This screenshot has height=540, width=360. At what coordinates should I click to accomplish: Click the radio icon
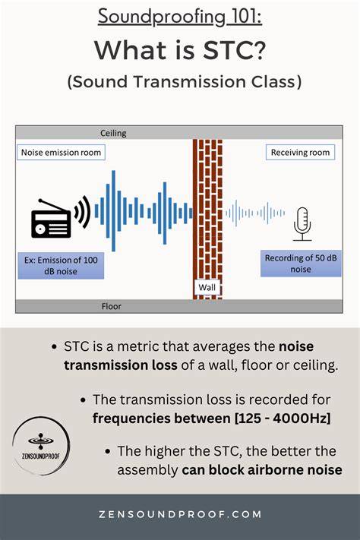(51, 219)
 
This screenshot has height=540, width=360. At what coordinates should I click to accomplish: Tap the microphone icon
(302, 224)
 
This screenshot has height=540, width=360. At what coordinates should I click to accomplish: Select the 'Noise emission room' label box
(61, 152)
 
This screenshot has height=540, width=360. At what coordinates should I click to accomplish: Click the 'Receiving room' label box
(300, 152)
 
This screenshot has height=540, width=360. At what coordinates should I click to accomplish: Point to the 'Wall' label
(207, 287)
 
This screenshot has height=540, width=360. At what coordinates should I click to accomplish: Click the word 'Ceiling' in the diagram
(113, 133)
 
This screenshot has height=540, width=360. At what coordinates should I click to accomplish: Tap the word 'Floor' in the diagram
(112, 306)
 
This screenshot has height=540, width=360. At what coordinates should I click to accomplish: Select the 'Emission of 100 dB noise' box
(61, 266)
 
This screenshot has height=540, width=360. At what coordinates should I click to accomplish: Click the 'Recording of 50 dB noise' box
(301, 264)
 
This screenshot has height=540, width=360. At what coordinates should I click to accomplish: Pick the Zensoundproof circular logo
(41, 446)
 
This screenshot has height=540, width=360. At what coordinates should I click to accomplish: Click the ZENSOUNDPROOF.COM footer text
(180, 514)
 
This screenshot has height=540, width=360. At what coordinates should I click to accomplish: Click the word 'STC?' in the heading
(234, 50)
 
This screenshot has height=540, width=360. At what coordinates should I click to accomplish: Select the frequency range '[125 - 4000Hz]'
(282, 418)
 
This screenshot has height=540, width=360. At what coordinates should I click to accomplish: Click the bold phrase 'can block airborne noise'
(262, 470)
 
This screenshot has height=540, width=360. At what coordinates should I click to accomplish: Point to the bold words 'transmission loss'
(121, 365)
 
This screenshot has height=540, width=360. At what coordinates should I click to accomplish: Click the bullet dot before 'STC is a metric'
(54, 347)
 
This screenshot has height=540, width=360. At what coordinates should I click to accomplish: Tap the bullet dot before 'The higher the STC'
(108, 451)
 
